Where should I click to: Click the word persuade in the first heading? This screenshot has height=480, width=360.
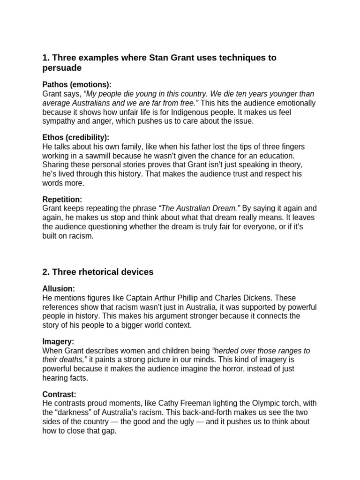click(62, 68)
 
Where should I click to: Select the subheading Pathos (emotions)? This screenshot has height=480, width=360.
click(77, 85)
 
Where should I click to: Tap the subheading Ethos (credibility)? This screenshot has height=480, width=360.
click(75, 137)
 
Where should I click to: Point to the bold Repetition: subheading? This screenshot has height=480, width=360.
click(62, 199)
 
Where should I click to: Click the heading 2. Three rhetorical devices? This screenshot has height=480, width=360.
click(98, 272)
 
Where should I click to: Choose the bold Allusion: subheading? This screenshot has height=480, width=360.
click(59, 289)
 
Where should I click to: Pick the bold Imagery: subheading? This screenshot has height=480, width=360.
click(58, 342)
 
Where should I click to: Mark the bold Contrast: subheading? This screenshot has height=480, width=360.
click(59, 394)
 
